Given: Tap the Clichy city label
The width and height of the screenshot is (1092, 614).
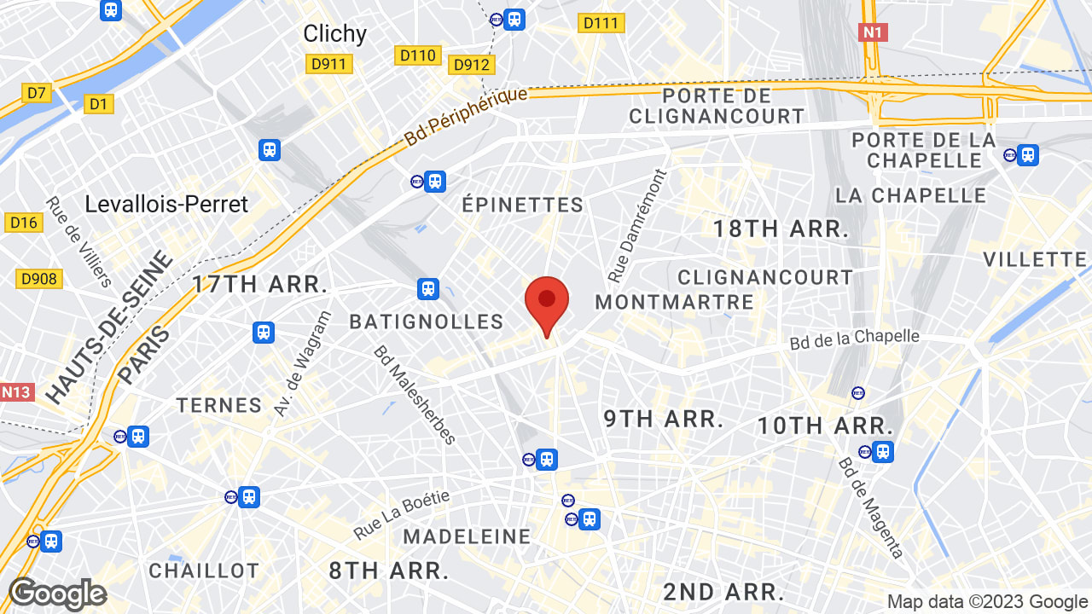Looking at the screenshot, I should [335, 34].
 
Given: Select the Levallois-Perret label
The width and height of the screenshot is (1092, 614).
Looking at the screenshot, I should [166, 205].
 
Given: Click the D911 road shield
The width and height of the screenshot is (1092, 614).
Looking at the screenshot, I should [329, 64].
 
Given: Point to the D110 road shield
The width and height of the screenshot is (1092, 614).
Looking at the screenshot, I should [418, 55].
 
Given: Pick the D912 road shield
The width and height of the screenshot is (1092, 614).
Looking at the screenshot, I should [472, 65].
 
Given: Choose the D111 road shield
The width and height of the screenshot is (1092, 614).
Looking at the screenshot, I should [601, 23].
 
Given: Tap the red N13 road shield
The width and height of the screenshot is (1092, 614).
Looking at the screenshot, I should [16, 392].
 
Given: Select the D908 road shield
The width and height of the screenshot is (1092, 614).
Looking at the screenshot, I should [38, 279].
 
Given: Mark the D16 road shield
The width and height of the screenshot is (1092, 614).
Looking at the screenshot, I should [24, 223].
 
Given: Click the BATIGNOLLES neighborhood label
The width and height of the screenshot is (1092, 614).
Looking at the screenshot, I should [427, 321].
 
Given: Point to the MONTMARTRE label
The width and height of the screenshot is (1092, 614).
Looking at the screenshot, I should [674, 302].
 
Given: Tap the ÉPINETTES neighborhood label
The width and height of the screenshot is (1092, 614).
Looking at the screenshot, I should [522, 205].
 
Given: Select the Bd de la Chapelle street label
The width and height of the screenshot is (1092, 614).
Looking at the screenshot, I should [854, 339].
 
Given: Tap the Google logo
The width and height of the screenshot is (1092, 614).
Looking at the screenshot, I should [57, 594].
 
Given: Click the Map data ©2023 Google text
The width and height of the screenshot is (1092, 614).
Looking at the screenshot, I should [987, 602].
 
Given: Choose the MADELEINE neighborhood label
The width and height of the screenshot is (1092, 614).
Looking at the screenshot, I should [467, 536].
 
